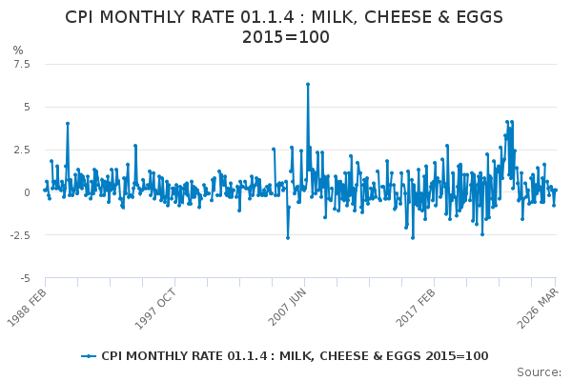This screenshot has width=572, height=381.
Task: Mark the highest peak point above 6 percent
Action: (x=307, y=84)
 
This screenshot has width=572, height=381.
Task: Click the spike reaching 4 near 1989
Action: (x=67, y=123)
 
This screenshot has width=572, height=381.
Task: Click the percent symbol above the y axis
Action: (x=17, y=50)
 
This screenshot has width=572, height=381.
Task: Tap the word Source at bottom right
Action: (x=540, y=371)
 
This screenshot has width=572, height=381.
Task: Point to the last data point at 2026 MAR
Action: (x=555, y=190)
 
